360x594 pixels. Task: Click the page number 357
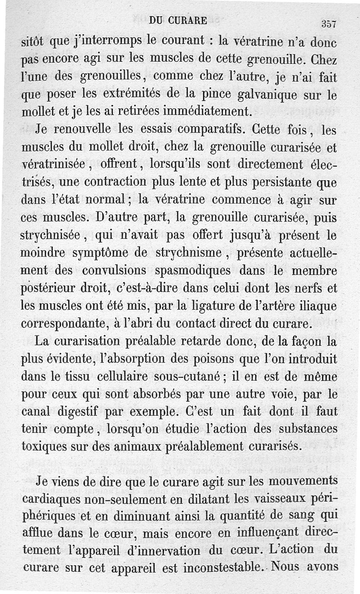(x=330, y=24)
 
